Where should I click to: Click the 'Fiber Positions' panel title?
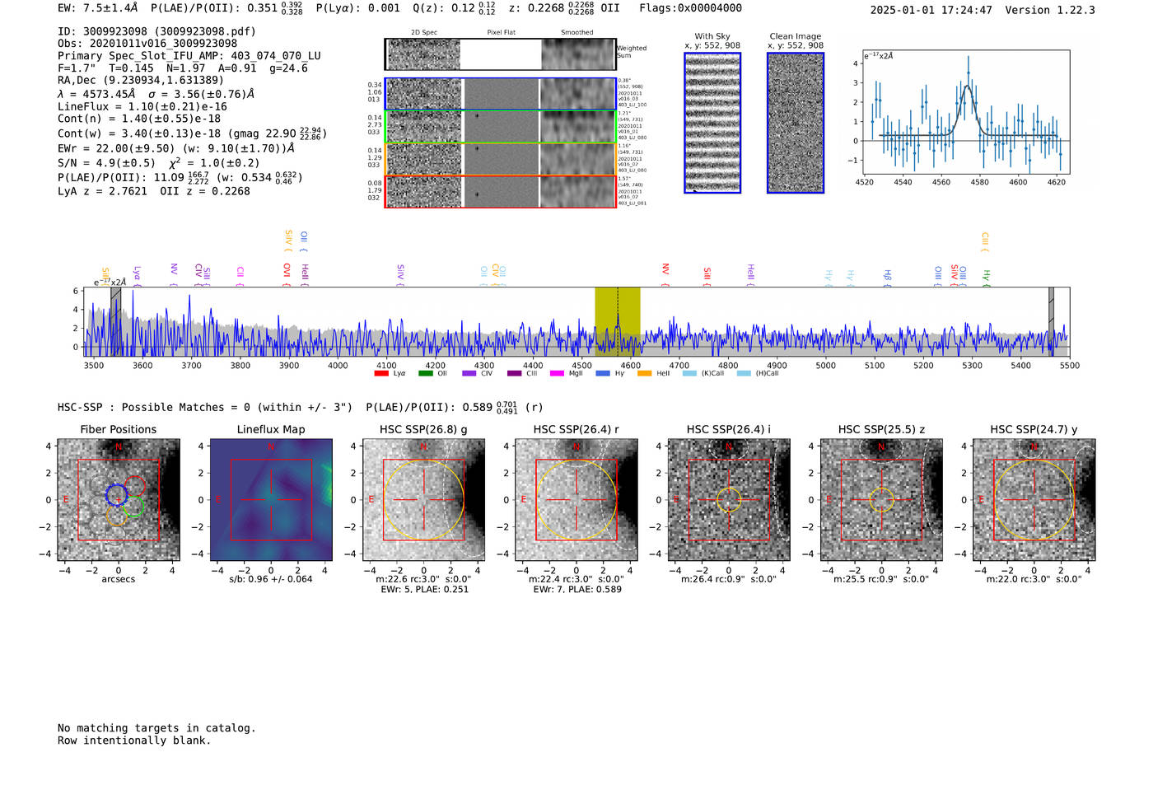118,429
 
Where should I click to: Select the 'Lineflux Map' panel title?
271,429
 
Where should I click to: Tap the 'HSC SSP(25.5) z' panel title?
881,429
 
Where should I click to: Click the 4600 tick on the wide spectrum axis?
631,366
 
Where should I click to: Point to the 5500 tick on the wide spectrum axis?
1069,366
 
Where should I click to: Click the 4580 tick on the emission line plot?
979,182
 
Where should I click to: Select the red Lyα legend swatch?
381,374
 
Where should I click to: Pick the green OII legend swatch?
426,374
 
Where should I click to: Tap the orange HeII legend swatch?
645,374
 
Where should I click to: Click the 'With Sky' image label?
712,36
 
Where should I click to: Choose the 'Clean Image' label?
796,36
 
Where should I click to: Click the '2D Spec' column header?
424,33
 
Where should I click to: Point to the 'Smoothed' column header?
577,33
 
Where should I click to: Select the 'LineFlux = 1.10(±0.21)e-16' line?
142,106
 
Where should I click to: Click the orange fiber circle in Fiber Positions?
116,516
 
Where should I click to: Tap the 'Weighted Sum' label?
631,52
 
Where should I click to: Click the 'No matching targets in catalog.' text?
156,728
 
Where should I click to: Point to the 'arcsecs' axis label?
118,579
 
